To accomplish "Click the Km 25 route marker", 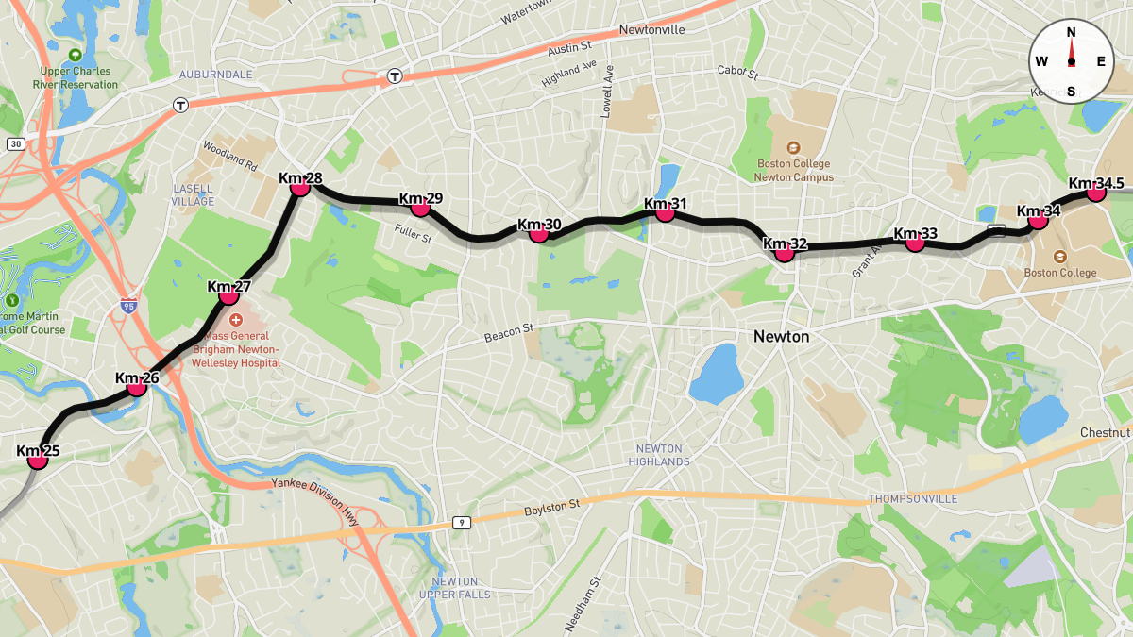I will (38, 460).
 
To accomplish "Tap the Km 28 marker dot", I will (300, 187).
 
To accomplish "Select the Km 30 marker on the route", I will (539, 232).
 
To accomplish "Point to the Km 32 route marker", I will (784, 252).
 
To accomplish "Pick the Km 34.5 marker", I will (1095, 192).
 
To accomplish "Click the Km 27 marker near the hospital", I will (228, 295).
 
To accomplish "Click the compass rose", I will (1071, 61).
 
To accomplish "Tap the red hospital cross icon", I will (236, 320).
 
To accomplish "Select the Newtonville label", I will (651, 30).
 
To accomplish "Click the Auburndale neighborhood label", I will (215, 74).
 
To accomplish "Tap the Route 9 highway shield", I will (462, 523).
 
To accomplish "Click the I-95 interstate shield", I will (128, 306).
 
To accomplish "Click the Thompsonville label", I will (912, 498).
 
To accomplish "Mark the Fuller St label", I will (413, 233).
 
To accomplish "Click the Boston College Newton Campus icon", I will (793, 147).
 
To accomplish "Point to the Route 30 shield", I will (15, 144).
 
